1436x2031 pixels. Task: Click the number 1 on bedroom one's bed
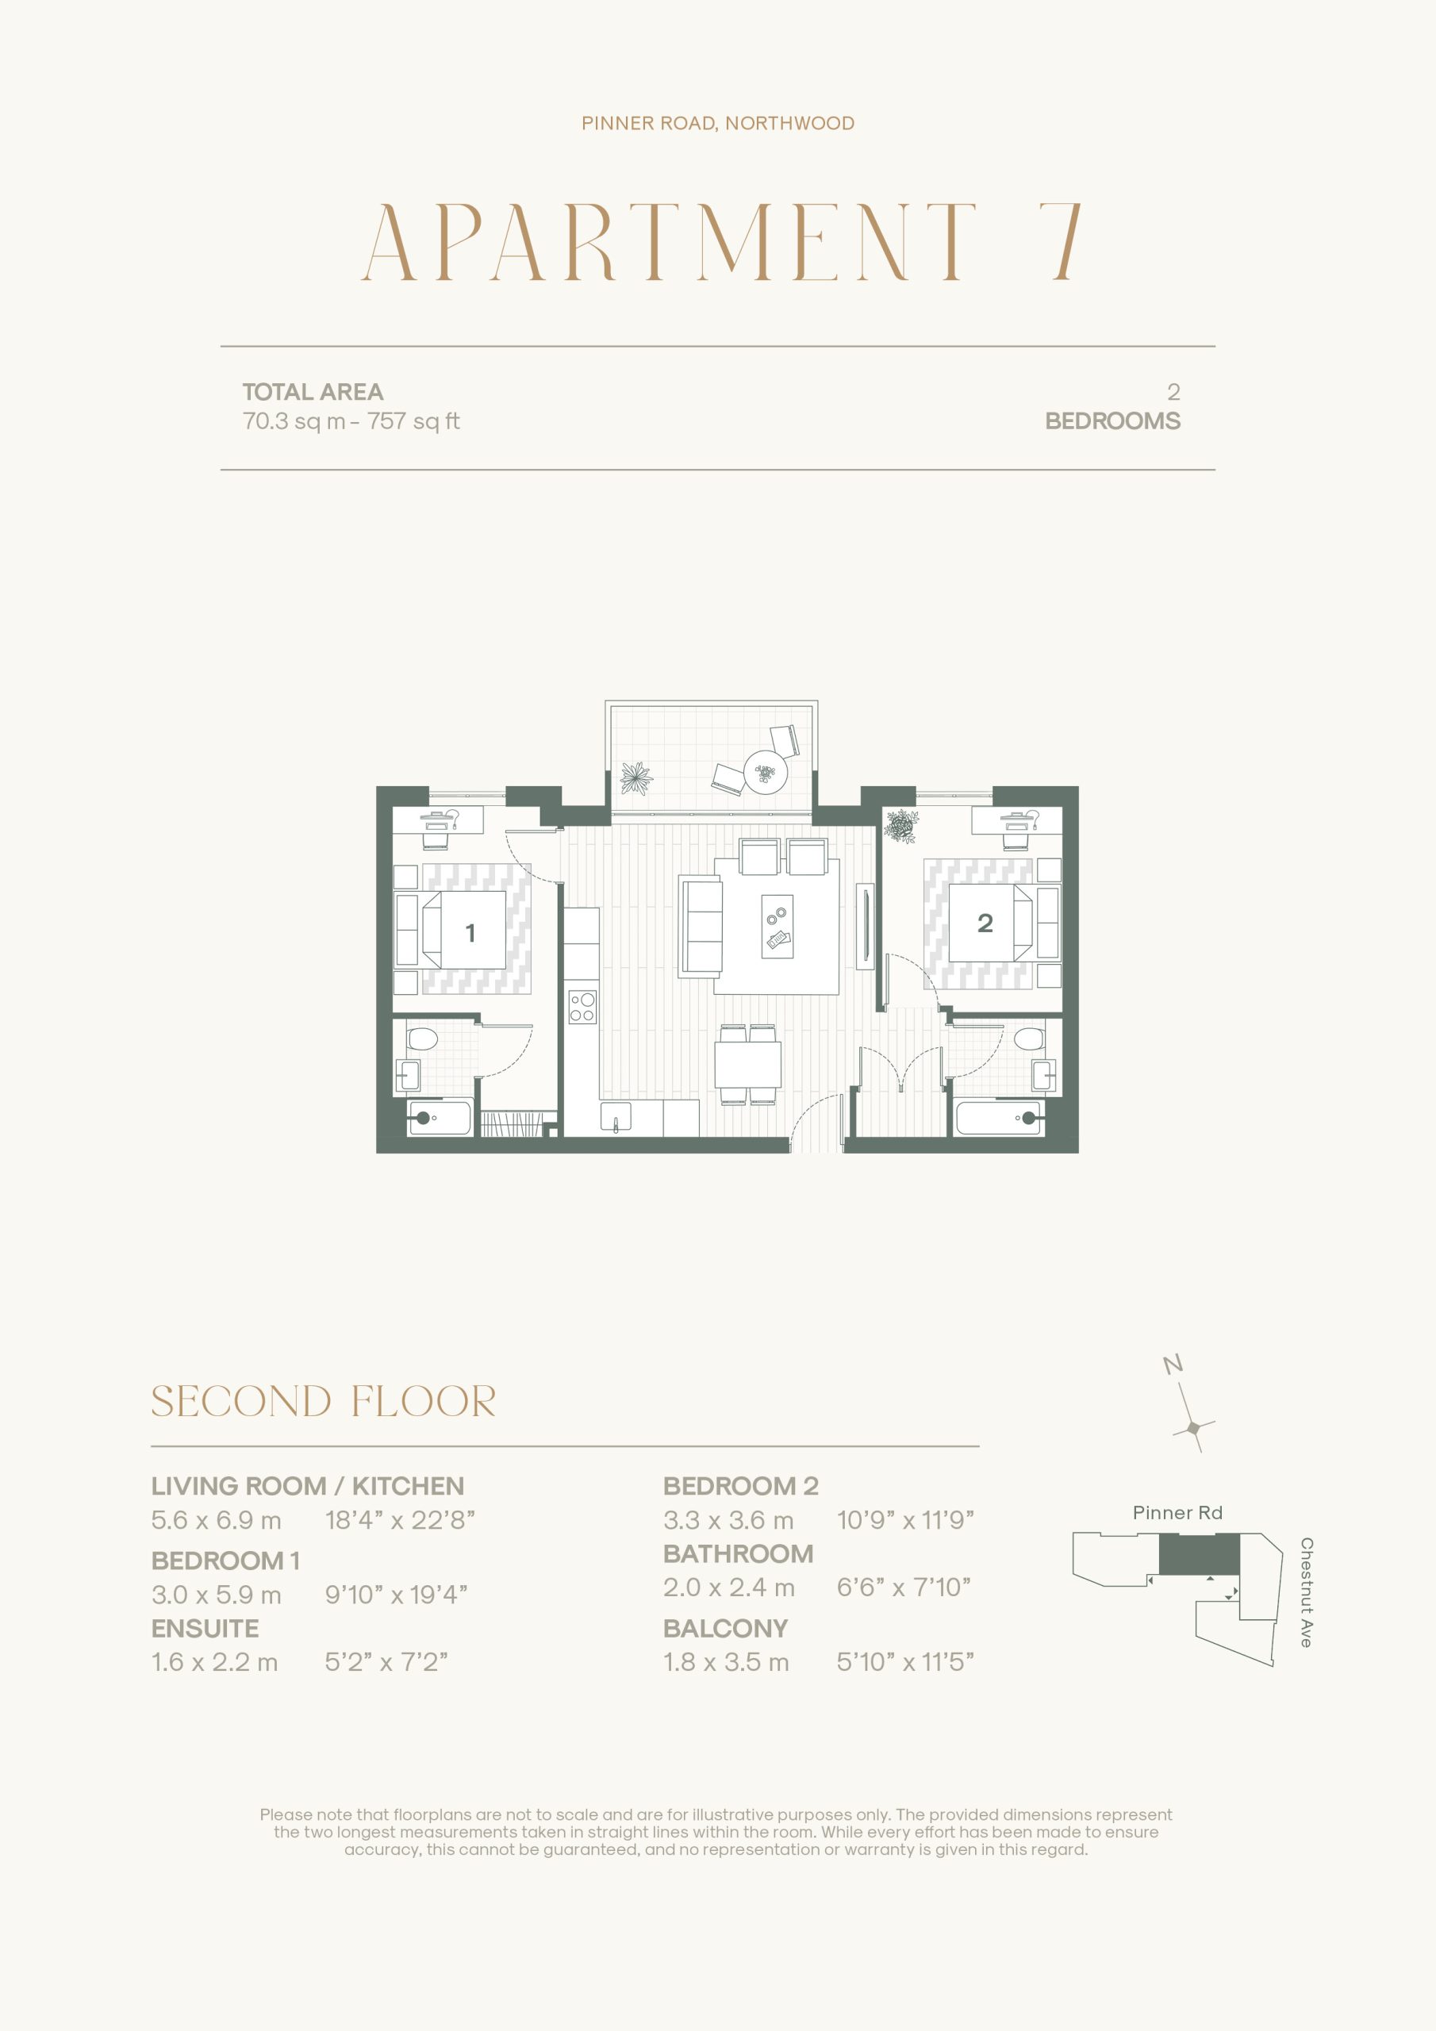tap(470, 932)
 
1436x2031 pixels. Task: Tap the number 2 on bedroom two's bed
tap(985, 923)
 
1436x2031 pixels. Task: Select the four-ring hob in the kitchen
tap(582, 1007)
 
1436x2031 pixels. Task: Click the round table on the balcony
tap(766, 771)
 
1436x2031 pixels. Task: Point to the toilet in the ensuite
tap(422, 1038)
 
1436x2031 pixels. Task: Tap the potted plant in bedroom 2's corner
tap(900, 826)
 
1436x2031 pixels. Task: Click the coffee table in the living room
tap(778, 926)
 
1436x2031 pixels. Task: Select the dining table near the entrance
tap(748, 1064)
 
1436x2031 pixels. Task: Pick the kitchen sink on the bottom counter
tap(616, 1116)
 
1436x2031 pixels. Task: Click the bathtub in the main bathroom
tap(1000, 1118)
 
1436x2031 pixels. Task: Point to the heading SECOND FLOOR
tap(324, 1401)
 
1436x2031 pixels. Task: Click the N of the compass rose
tap(1173, 1364)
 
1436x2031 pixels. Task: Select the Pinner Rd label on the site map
tap(1177, 1513)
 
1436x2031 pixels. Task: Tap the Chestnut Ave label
tap(1306, 1592)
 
